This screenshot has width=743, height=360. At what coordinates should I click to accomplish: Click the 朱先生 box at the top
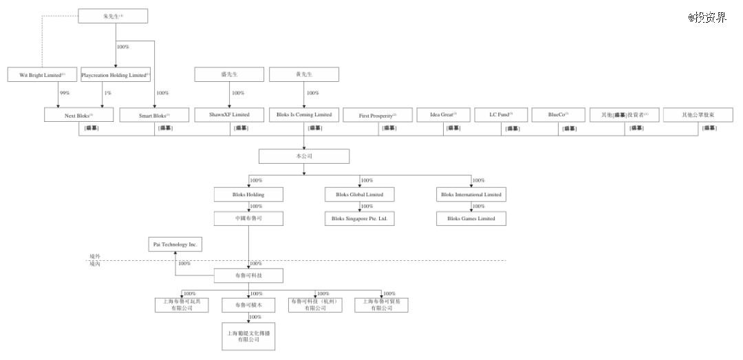113,16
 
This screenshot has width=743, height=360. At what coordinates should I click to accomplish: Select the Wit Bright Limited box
41,74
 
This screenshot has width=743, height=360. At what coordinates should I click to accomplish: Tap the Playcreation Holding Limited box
116,74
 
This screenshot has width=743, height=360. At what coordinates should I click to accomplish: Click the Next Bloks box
79,116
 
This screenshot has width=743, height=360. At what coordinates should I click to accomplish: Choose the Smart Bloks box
154,116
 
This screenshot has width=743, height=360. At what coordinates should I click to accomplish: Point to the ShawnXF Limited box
229,114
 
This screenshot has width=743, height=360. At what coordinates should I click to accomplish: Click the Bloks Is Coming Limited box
304,114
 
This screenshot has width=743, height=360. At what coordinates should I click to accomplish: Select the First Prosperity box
378,116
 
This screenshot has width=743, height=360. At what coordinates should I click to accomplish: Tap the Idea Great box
443,114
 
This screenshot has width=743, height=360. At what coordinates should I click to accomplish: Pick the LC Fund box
501,114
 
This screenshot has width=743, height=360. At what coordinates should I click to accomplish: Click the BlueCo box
558,114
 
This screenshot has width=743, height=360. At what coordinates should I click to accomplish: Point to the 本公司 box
303,156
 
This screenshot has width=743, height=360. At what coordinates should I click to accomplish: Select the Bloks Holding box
248,195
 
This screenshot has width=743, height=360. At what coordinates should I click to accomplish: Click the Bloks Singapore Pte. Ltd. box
359,219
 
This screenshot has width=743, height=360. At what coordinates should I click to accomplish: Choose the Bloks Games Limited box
471,219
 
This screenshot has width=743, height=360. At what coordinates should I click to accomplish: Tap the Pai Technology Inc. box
175,244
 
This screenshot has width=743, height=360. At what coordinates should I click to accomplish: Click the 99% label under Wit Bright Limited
65,93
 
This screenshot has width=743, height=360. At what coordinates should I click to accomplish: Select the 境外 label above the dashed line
95,256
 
